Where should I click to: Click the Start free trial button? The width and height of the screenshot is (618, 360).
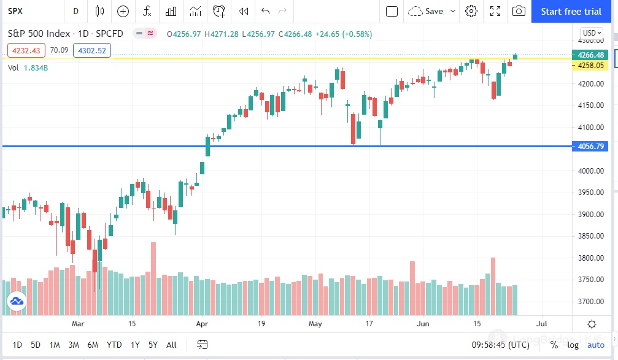tap(571, 11)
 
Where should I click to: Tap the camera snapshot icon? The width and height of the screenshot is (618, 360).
tap(519, 11)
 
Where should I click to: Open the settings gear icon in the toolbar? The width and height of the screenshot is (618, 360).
tap(471, 11)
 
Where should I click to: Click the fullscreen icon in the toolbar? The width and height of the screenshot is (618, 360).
tap(495, 11)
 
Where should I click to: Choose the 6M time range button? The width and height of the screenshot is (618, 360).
tap(93, 345)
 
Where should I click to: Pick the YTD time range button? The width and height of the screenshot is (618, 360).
tap(114, 345)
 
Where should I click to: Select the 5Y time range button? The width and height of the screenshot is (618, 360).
tap(153, 345)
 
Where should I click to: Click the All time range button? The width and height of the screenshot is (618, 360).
tap(172, 345)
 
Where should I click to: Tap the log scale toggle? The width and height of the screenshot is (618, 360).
tap(572, 345)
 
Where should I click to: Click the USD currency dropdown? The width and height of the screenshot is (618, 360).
tap(591, 33)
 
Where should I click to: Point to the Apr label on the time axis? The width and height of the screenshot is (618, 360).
tap(202, 323)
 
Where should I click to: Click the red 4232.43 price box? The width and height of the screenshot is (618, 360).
tap(26, 51)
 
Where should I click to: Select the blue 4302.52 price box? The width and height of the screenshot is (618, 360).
tap(91, 51)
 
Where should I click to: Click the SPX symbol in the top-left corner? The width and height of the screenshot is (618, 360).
tap(15, 11)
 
